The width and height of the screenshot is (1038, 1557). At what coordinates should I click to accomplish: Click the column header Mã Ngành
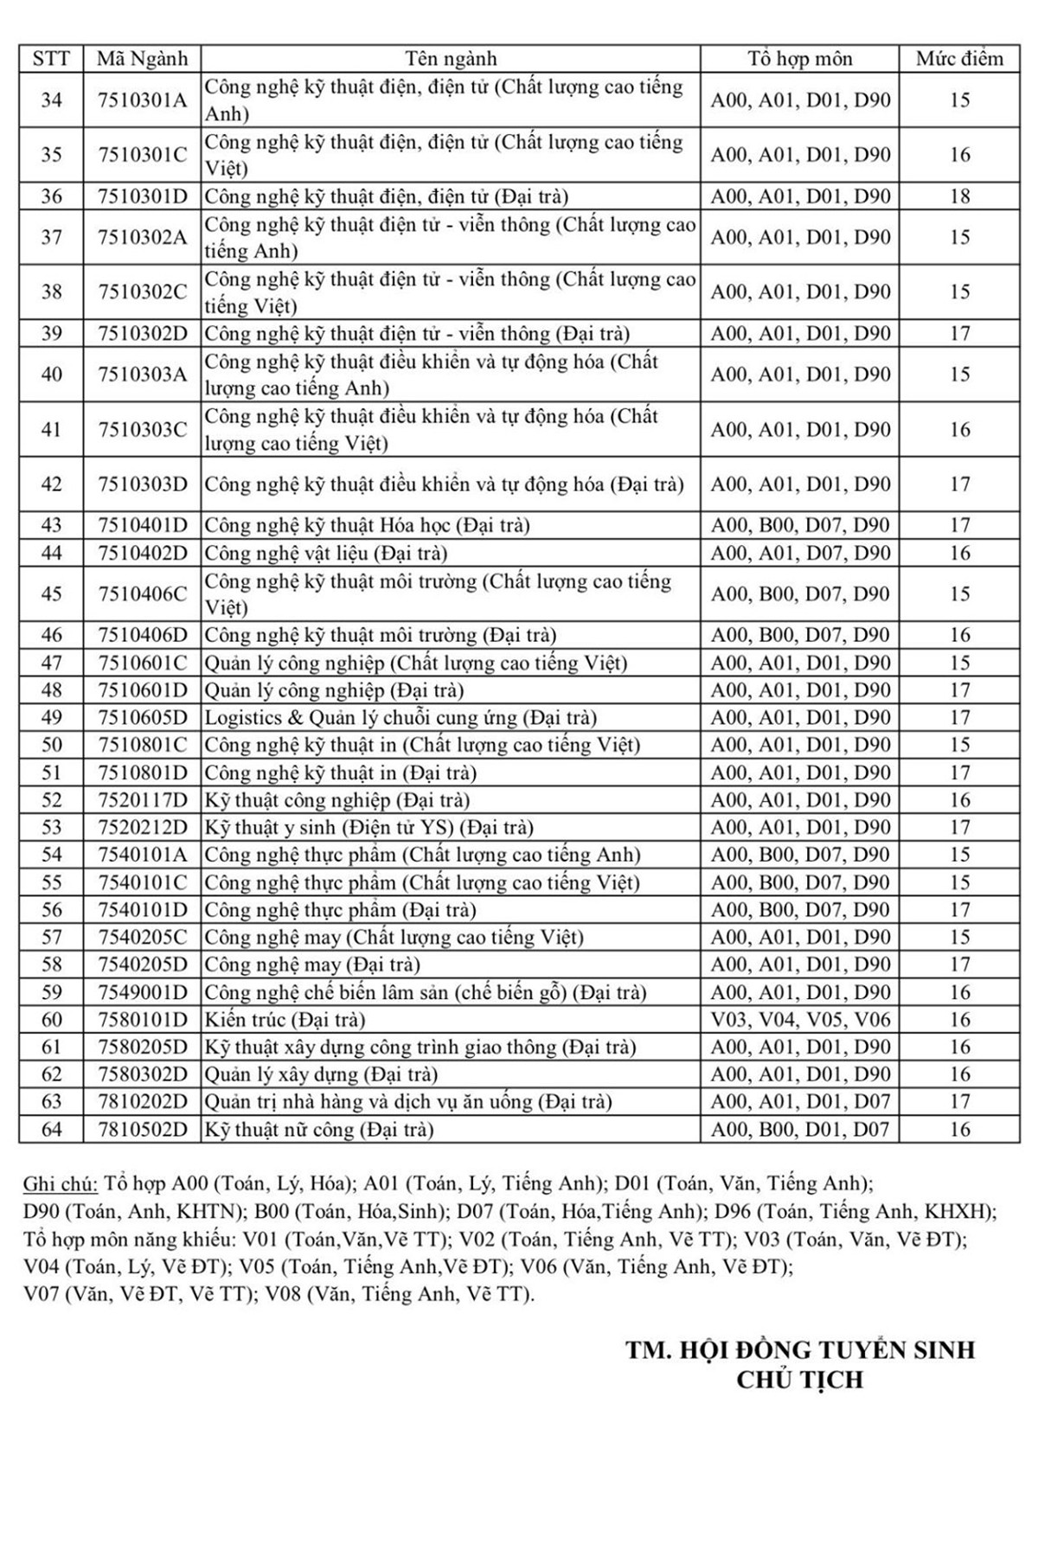(x=142, y=59)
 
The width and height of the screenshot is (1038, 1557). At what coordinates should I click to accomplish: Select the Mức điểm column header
(x=959, y=59)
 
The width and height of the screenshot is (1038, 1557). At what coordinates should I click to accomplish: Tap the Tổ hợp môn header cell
(x=799, y=59)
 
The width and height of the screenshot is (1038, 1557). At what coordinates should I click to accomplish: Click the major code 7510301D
(x=142, y=196)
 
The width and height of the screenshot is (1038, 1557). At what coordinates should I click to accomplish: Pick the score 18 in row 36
(x=959, y=196)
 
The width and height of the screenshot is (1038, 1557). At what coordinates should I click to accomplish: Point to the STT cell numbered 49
(x=51, y=718)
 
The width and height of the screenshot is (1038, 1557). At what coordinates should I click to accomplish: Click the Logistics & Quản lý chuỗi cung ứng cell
(x=400, y=718)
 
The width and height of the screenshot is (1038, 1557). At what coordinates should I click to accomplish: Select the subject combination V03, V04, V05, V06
(x=799, y=1020)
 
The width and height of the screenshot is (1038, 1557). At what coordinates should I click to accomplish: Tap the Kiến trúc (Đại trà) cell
(x=285, y=1020)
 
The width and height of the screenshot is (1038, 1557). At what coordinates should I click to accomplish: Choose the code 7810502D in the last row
(x=142, y=1130)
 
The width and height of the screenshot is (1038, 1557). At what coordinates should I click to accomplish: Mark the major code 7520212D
(x=142, y=828)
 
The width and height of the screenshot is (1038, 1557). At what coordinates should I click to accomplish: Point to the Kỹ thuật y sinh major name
(x=368, y=828)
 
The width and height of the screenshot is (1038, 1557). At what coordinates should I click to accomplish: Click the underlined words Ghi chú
(x=61, y=1184)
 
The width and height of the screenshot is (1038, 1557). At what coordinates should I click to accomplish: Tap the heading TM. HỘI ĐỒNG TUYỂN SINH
(x=800, y=1350)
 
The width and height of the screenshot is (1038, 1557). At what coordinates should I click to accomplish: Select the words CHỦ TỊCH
(x=799, y=1380)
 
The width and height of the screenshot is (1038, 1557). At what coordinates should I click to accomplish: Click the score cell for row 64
(x=959, y=1130)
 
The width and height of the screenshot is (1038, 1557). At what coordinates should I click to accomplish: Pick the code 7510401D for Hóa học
(x=142, y=526)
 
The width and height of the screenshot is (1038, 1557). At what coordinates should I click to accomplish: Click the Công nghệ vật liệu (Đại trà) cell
(x=325, y=554)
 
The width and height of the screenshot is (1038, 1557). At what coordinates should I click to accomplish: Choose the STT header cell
(x=51, y=59)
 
